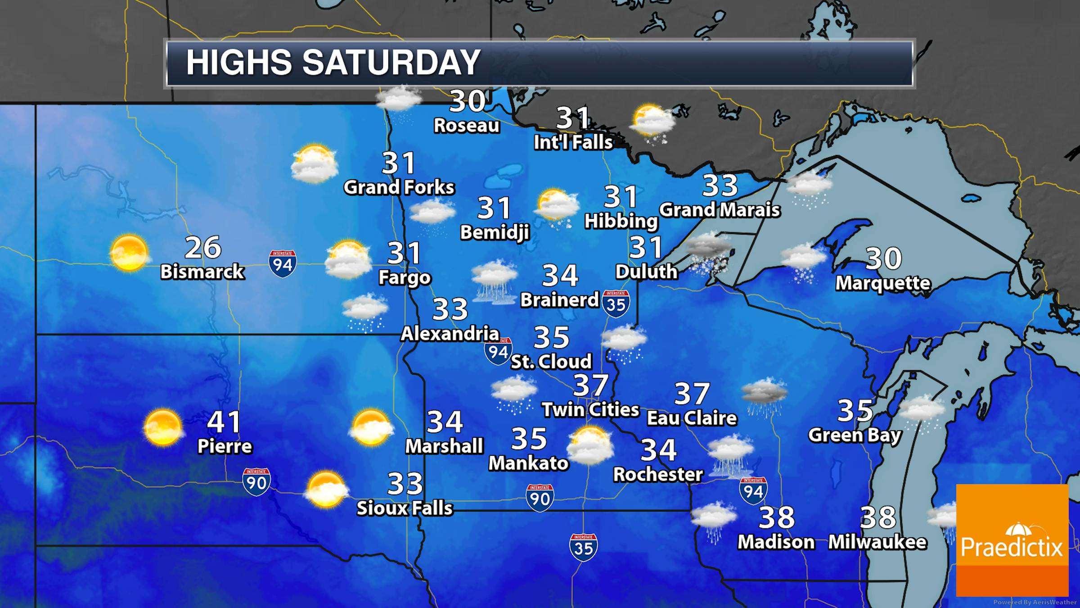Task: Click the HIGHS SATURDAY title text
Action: point(333,62)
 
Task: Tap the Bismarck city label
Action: point(202,272)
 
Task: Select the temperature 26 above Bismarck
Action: point(203,247)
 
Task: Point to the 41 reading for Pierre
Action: point(225,422)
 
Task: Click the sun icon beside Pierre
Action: point(162,427)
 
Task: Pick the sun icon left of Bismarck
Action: point(129,253)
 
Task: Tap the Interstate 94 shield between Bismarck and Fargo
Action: point(283,263)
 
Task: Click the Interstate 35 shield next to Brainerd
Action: point(616,304)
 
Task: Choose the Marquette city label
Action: point(883,283)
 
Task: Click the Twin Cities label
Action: point(590,409)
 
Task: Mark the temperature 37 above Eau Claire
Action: point(692,394)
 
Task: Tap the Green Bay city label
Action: point(855,435)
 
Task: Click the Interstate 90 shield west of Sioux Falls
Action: point(256,481)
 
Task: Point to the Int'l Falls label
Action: point(573,142)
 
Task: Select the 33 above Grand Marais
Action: point(720,185)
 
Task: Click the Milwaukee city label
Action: point(877,542)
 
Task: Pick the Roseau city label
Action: point(467,126)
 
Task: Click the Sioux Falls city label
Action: point(405,508)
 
